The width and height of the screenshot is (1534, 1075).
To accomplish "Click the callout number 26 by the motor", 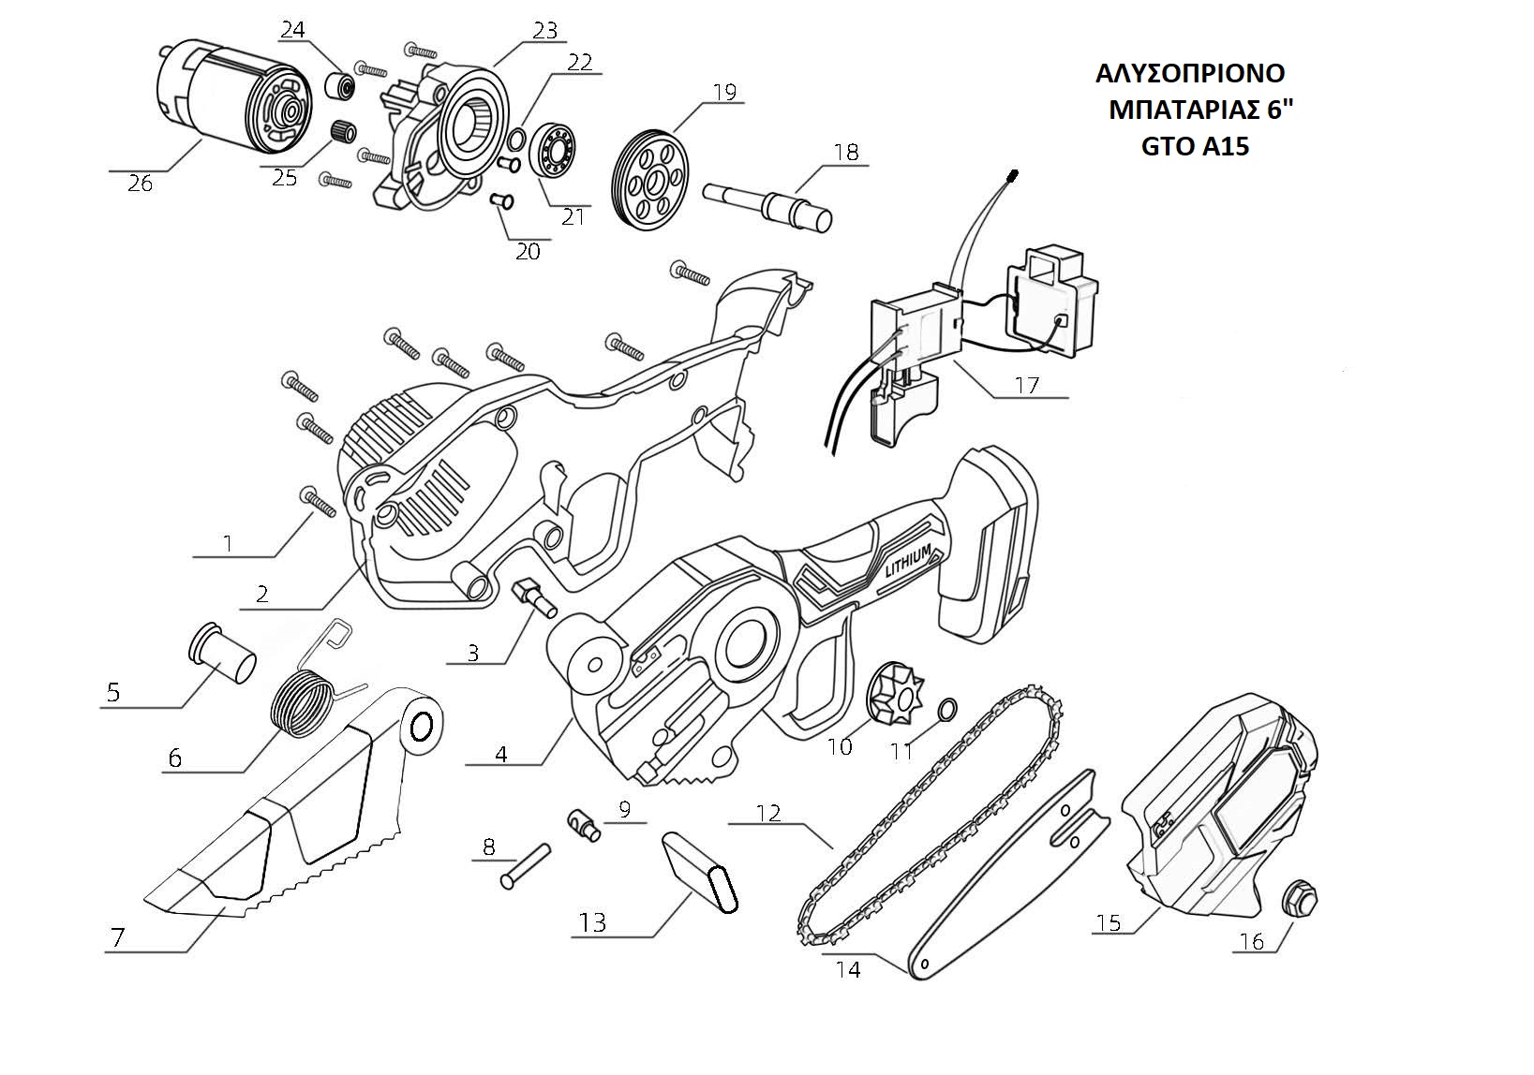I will tap(140, 184).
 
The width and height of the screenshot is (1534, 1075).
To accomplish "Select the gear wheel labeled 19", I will tap(649, 177).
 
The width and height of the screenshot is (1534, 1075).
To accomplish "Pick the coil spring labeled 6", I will tap(303, 701).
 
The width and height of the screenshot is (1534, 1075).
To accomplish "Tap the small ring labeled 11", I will tap(946, 708).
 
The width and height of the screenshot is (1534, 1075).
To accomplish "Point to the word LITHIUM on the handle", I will tap(908, 565).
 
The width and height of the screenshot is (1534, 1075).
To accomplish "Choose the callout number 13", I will tap(592, 922).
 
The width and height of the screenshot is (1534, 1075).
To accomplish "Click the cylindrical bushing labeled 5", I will tap(224, 656).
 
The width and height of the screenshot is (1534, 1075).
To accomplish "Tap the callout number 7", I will tap(117, 937).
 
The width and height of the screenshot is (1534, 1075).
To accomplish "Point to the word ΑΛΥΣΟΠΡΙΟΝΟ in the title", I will tap(1190, 73).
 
